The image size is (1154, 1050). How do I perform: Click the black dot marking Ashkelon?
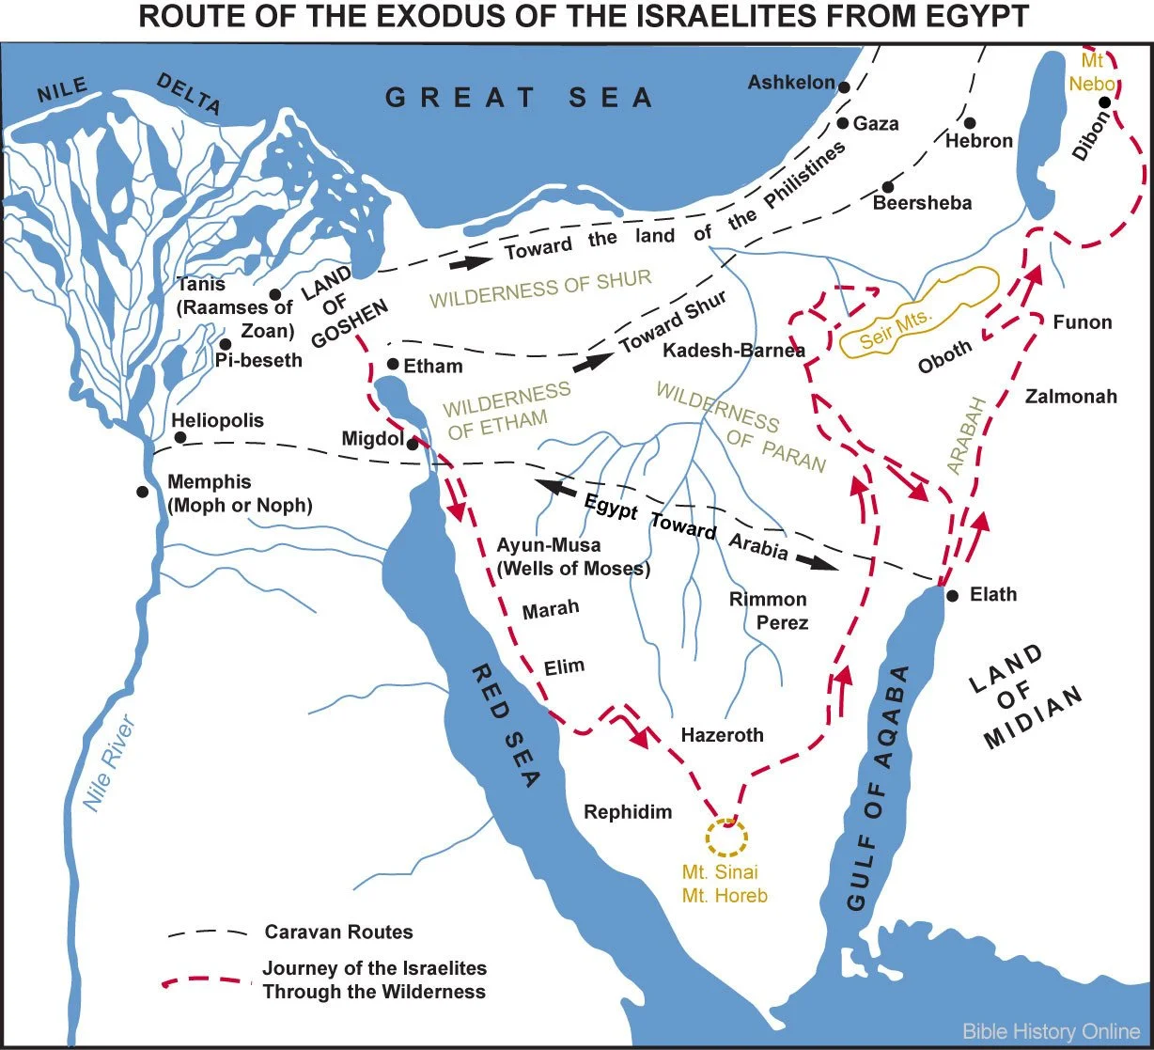(845, 86)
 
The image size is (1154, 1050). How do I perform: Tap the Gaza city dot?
(844, 123)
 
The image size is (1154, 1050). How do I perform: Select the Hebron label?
(979, 141)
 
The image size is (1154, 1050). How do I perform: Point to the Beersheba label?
(922, 203)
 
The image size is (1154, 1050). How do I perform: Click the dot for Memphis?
(142, 492)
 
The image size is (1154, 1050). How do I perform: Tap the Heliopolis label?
(217, 420)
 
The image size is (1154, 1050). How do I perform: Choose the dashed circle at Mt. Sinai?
(726, 835)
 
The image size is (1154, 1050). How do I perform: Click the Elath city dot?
(952, 596)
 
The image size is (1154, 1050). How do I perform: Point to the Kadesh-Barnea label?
(734, 351)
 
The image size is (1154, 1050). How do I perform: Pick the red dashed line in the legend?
(209, 980)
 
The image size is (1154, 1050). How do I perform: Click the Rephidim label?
(628, 811)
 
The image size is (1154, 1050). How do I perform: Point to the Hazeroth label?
(722, 735)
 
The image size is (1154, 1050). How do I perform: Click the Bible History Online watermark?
(1051, 1031)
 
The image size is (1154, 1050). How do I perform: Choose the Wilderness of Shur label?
(540, 290)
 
